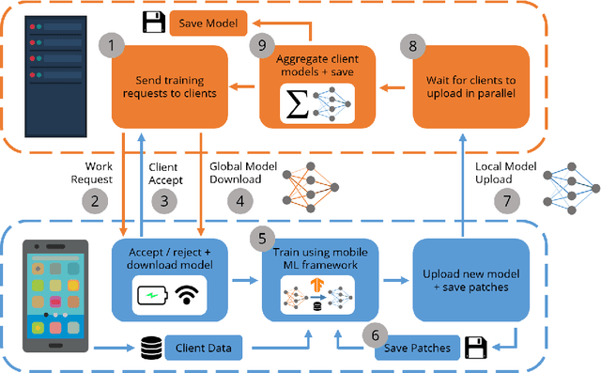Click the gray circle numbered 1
click(114, 44)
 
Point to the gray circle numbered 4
click(242, 200)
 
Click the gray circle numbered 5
click(264, 239)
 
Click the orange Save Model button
click(211, 21)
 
